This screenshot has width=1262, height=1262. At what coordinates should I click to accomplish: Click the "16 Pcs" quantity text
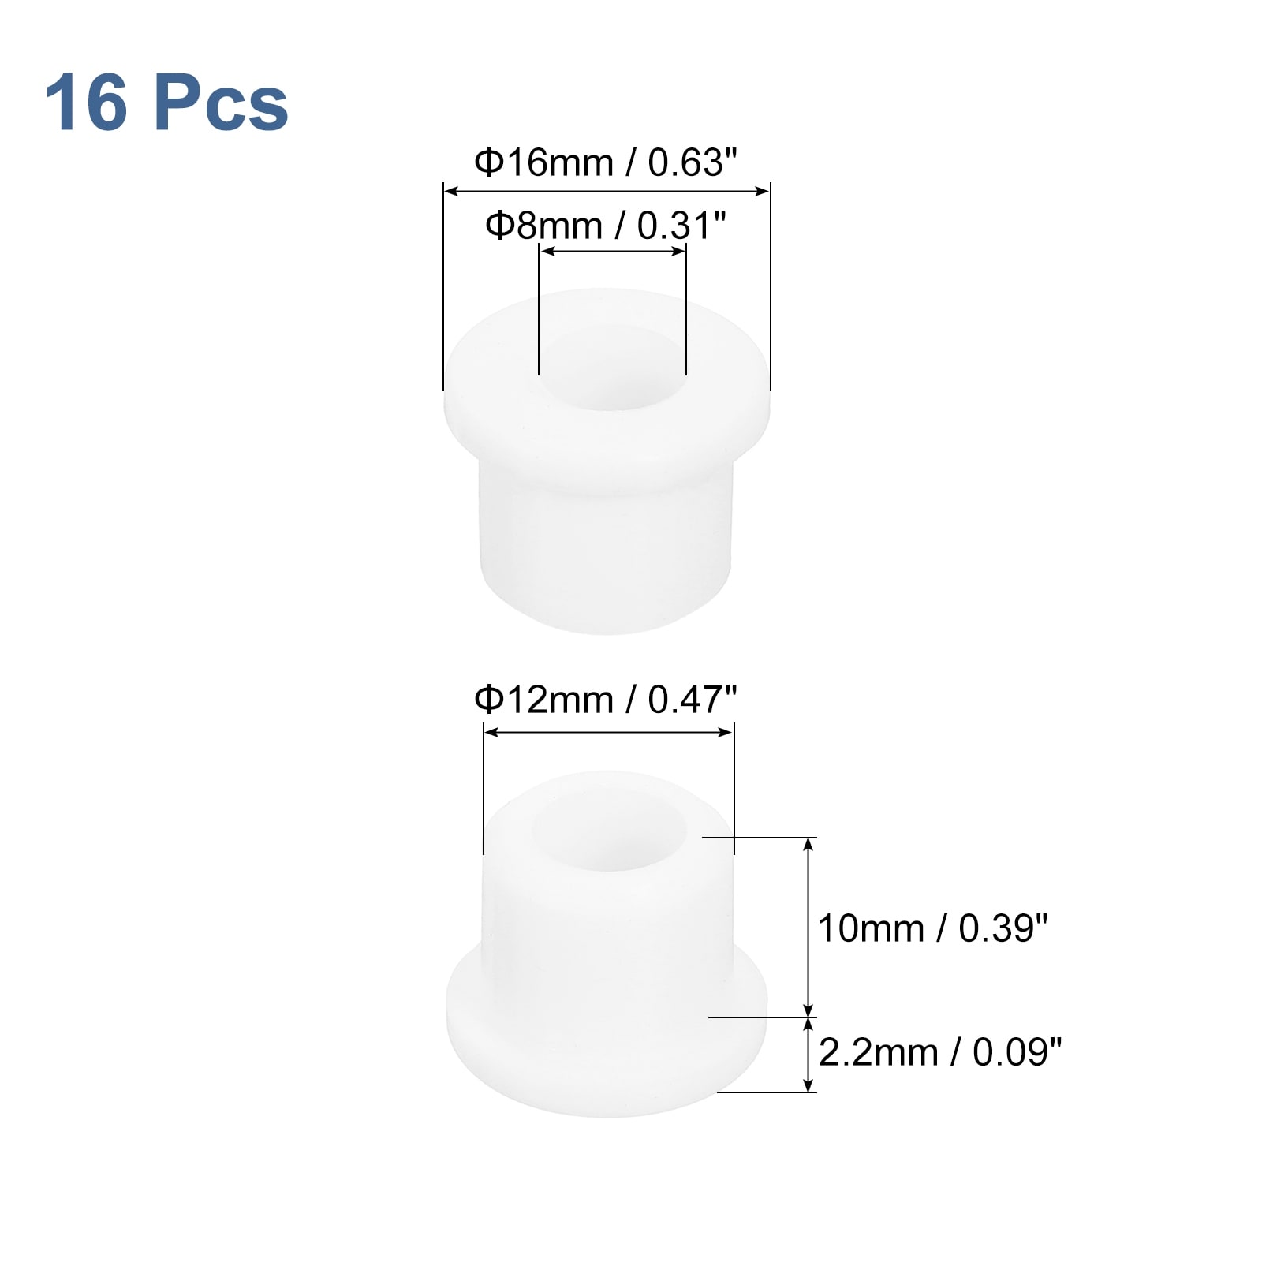166,103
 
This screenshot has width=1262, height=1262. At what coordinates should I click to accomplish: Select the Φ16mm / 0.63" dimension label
605,163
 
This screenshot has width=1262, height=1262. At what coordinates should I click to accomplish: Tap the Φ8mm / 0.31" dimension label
605,226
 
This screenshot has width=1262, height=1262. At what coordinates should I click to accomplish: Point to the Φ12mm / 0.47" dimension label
605,700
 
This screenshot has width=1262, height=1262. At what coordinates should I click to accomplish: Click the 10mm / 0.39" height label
932,928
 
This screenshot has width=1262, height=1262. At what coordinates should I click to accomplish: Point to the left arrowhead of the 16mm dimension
450,190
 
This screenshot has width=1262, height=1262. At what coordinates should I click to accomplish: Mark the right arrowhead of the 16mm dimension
763,190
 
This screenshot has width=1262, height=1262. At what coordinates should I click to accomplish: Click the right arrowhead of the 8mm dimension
679,252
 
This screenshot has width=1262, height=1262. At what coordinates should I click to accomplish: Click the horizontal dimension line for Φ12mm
608,733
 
